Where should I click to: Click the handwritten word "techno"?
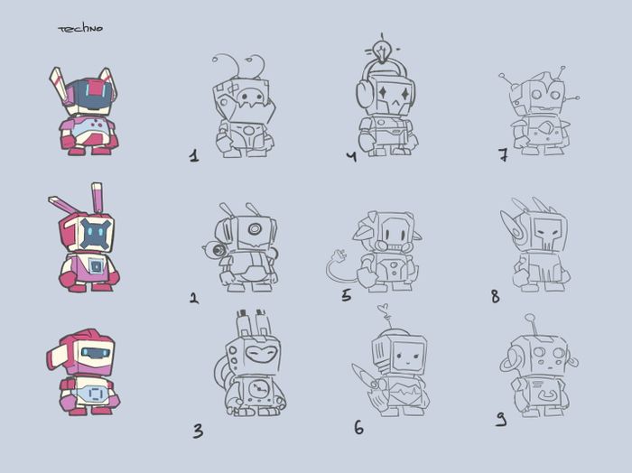80,29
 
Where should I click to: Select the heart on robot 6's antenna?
384,309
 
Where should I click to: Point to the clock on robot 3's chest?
257,389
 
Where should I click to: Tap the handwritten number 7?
503,154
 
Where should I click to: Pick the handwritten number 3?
198,431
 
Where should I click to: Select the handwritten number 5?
346,295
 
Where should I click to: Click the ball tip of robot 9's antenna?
529,319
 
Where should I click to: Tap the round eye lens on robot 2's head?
255,229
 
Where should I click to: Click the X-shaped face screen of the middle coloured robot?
95,233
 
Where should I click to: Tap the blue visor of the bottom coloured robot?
95,353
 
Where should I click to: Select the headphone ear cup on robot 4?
363,96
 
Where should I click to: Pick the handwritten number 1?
194,155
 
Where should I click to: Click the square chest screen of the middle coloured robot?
95,266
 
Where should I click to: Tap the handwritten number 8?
496,297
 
